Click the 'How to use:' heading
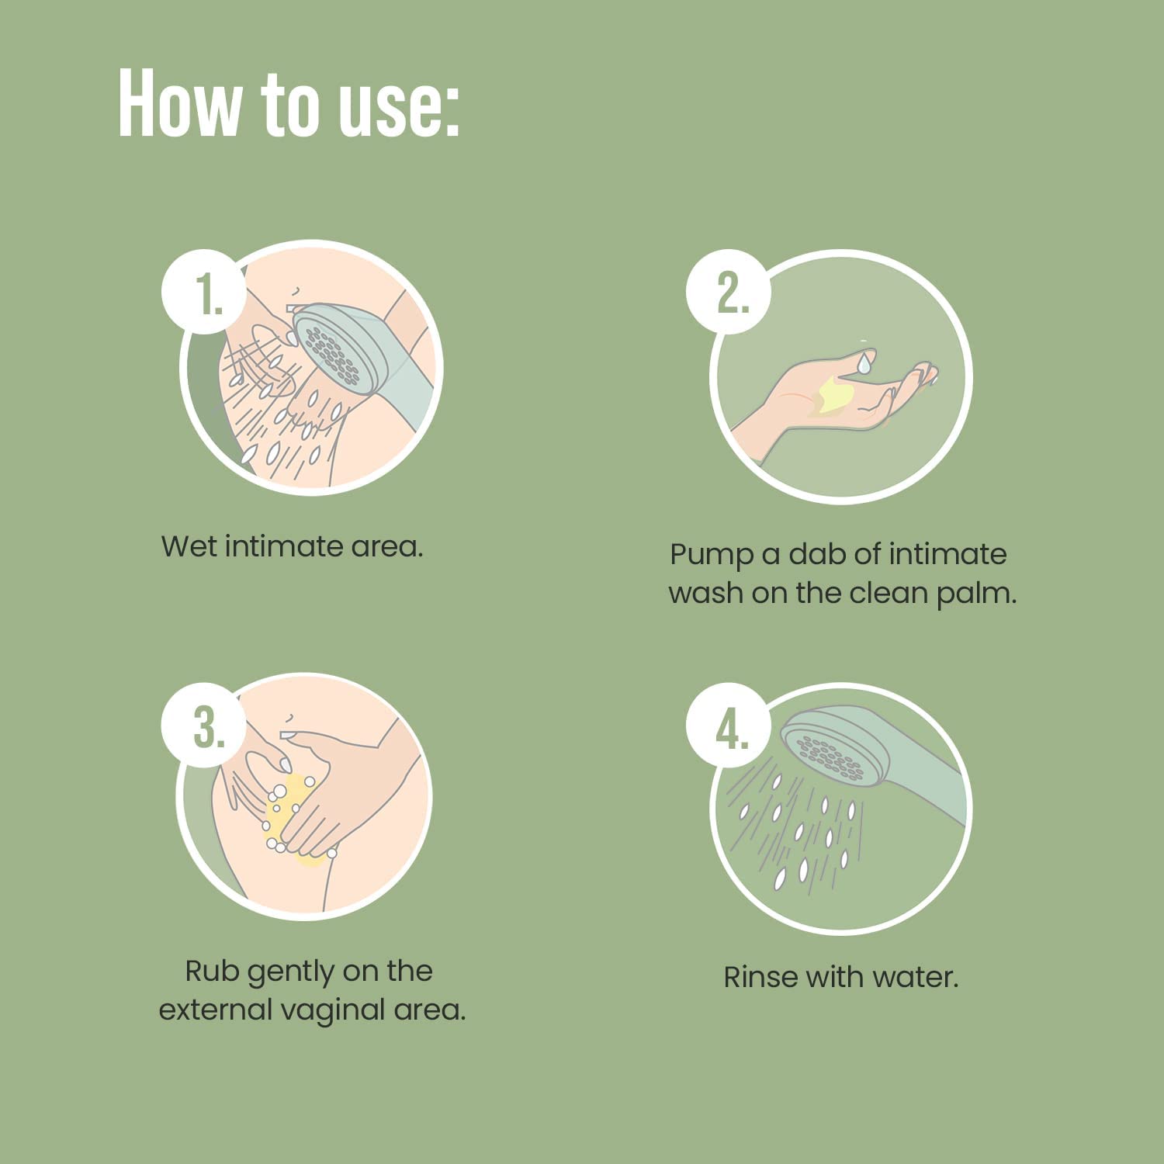point(289,104)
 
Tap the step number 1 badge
point(204,292)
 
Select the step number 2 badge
point(729,292)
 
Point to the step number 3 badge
point(204,726)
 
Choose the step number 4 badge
point(729,726)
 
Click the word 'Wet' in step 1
point(189,546)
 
